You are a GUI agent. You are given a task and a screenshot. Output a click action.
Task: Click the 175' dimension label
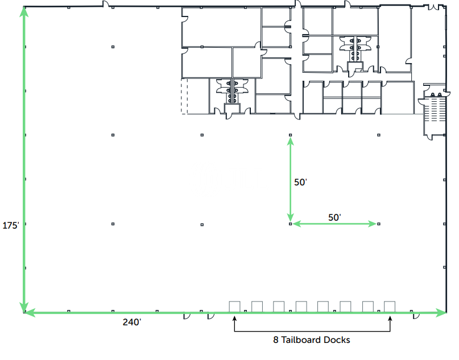pos(11,225)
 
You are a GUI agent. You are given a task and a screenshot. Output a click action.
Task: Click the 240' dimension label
pos(131,322)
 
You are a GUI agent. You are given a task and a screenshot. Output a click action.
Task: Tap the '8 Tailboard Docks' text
pos(311,340)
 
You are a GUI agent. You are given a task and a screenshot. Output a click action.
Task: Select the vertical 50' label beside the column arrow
pos(300,183)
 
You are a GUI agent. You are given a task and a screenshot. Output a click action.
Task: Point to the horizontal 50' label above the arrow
pos(335,217)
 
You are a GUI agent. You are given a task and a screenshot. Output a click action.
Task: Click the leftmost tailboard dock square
pos(234,306)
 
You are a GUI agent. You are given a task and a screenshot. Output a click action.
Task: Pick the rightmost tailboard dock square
pos(390,306)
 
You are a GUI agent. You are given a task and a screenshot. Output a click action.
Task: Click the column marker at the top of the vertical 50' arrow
pos(290,135)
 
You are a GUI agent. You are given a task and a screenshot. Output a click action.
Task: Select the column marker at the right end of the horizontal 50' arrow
pos(379,224)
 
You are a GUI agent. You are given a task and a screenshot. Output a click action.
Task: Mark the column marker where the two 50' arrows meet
pos(290,224)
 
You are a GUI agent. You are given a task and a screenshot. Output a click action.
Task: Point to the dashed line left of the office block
pos(181,97)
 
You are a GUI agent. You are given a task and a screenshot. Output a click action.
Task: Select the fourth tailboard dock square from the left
pos(301,306)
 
